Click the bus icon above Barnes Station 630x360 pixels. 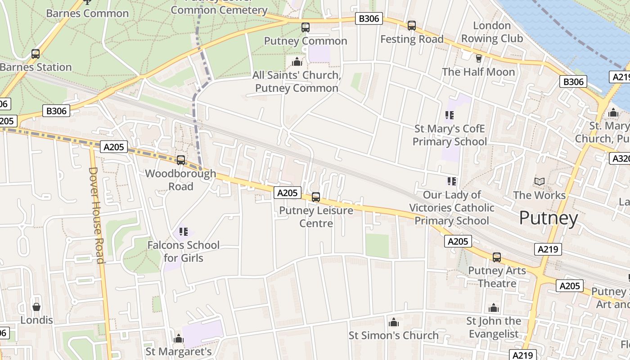click(36, 54)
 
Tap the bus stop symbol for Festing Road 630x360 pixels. click(412, 26)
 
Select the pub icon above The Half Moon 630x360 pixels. click(478, 58)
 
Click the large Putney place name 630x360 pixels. click(548, 218)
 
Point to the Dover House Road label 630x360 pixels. click(96, 215)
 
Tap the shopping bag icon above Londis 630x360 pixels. click(36, 307)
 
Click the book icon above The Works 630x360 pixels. click(539, 182)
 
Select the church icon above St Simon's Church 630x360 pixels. click(394, 322)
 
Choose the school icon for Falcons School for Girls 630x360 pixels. click(184, 232)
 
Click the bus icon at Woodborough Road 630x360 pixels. click(181, 160)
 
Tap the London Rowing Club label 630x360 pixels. click(492, 32)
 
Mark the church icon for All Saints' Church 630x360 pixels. click(297, 62)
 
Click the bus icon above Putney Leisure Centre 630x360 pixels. click(316, 197)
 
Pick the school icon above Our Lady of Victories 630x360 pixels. click(452, 181)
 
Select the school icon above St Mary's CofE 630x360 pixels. click(449, 116)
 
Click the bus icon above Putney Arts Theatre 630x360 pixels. click(497, 257)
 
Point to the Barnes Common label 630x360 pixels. click(87, 13)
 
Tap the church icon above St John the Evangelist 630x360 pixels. click(494, 308)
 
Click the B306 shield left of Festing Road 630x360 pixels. click(369, 18)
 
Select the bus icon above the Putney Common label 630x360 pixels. click(306, 27)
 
